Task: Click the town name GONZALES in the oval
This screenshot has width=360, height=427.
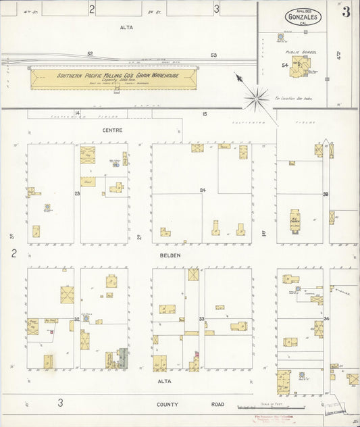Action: [x=303, y=16]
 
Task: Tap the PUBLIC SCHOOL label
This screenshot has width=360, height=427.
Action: [x=301, y=52]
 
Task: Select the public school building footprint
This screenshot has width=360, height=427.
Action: [x=301, y=66]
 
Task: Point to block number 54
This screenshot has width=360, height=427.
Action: [x=286, y=64]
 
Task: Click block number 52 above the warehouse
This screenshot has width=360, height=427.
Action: [x=90, y=54]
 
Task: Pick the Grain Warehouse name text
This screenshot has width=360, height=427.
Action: [x=118, y=76]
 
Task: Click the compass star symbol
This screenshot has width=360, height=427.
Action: [x=257, y=99]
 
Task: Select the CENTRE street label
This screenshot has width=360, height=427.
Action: [x=111, y=130]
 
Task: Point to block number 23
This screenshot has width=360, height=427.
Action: [x=77, y=194]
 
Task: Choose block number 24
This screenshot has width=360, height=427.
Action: [x=202, y=191]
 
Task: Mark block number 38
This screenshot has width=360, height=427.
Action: [x=325, y=194]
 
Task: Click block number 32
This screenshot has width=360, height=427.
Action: [x=77, y=318]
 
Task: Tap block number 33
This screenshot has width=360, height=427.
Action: [x=201, y=318]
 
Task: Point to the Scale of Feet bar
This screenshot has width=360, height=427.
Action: [x=270, y=407]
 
